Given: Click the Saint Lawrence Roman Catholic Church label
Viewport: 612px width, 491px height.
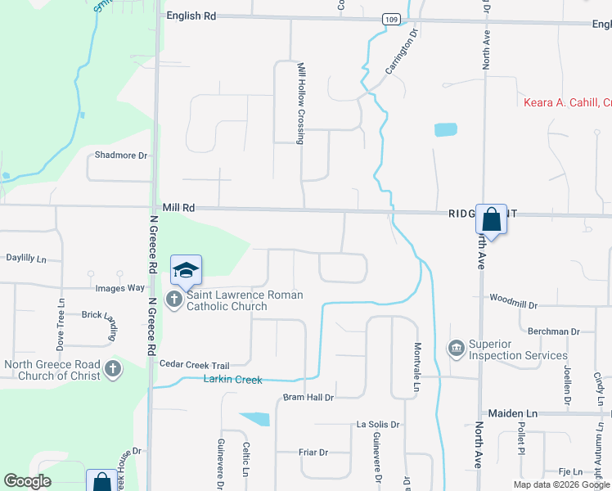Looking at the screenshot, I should (x=245, y=300).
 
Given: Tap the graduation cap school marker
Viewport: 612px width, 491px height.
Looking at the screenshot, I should (x=186, y=270).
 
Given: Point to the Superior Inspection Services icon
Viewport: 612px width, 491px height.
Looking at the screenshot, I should (x=457, y=349).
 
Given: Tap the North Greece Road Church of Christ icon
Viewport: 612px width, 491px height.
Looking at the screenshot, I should (x=113, y=370).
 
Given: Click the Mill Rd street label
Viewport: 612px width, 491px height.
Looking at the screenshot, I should (x=178, y=209).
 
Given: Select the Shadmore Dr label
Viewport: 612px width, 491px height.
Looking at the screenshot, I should (x=121, y=155).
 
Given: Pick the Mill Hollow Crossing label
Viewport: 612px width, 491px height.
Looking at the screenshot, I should (x=301, y=103).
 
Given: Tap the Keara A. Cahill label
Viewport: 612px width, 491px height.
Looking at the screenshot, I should (x=567, y=102).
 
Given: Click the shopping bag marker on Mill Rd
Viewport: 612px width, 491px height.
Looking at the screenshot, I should (x=491, y=219).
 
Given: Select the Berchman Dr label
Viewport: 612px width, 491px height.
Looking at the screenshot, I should (x=553, y=331).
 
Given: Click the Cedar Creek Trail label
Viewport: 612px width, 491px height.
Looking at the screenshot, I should (x=195, y=365).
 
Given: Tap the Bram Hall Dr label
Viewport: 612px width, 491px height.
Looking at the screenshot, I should (x=308, y=398).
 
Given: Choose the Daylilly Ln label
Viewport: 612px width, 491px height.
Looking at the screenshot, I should (x=26, y=258).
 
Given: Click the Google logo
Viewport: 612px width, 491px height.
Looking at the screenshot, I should (x=27, y=482).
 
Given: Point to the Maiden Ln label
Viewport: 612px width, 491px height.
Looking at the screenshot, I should (x=512, y=414).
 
